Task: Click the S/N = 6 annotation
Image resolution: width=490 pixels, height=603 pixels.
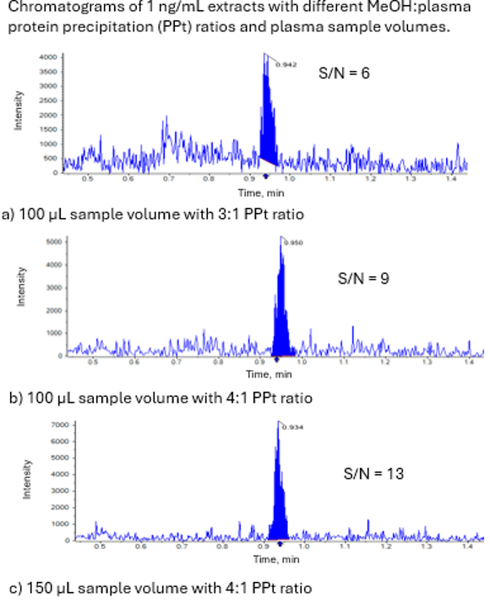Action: click(344, 73)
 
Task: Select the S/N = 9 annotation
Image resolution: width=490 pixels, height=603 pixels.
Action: click(362, 277)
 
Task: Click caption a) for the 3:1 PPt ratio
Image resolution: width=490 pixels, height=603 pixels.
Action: click(152, 214)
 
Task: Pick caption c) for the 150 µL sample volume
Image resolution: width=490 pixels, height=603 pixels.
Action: click(156, 587)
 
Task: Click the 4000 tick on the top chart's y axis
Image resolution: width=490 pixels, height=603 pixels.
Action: click(47, 57)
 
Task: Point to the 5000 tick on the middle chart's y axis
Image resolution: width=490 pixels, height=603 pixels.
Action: click(53, 242)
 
